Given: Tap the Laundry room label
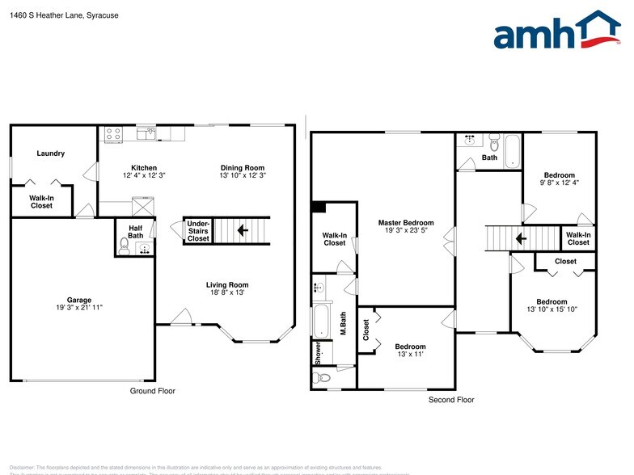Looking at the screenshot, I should coord(51,153).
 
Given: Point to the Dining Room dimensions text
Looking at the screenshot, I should coord(243,175).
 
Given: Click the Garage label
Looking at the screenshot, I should coord(79,300).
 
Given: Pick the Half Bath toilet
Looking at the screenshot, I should coord(124,245).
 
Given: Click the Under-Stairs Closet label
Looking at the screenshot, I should coord(198,230).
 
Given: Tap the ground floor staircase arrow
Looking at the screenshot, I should coord(242,230).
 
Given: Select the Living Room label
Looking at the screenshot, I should coord(227,284).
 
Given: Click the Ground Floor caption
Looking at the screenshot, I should coord(153,391).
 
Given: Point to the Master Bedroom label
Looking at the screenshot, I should coord(406,223).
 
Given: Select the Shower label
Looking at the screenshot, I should coord(319,352).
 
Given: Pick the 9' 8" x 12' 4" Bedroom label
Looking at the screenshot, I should coord(559,175).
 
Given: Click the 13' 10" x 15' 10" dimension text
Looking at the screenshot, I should coord(552,309).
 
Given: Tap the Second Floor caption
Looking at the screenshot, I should coord(451,400).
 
